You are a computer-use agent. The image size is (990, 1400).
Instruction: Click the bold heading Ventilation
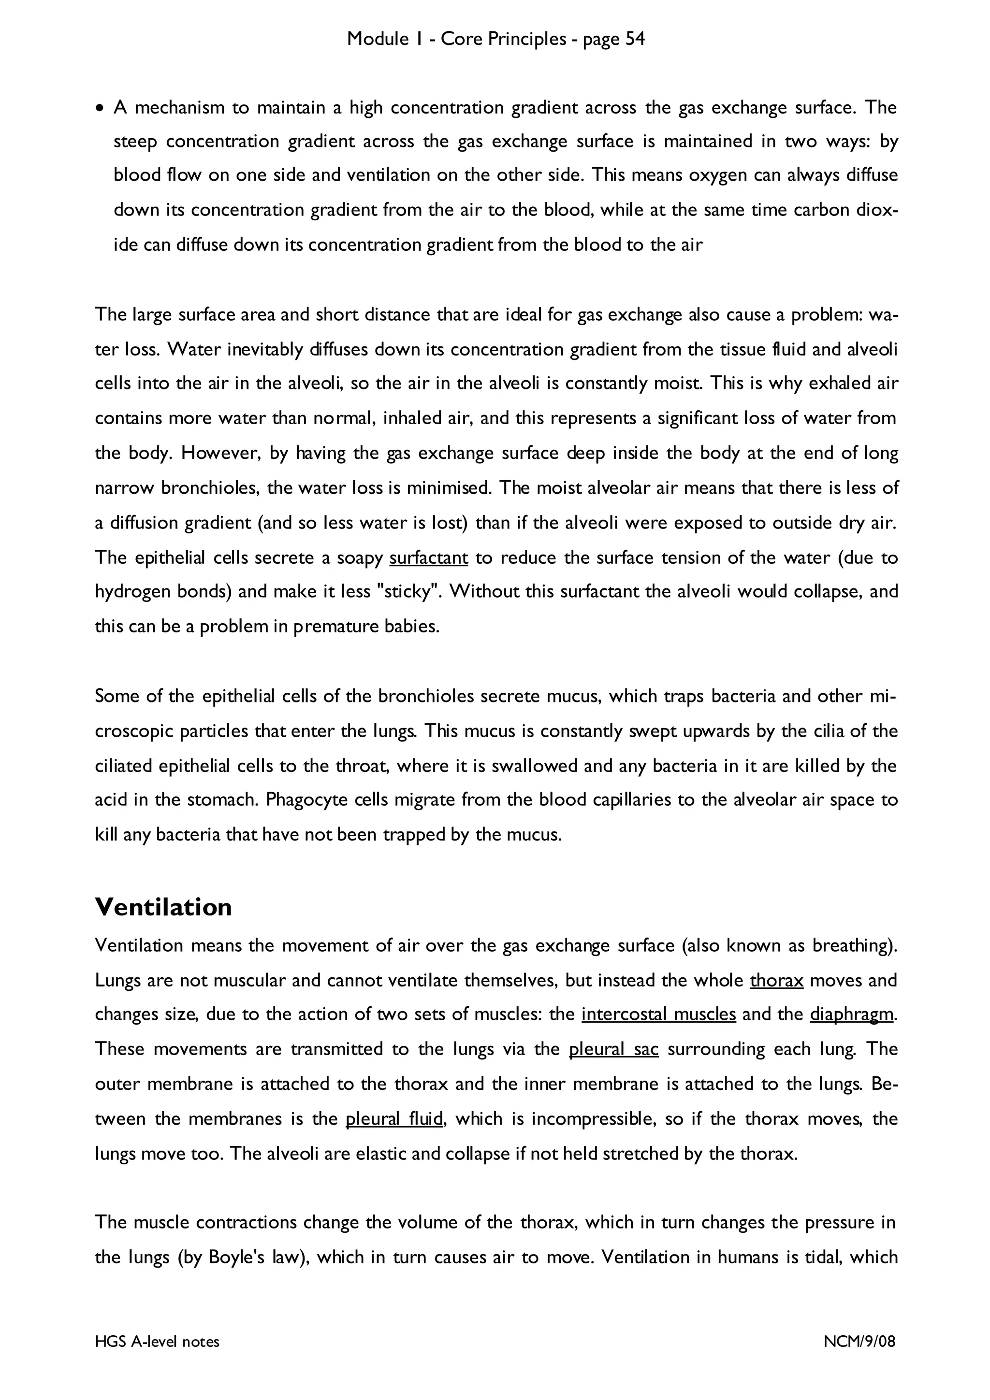(163, 907)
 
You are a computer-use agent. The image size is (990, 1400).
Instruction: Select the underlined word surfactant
(428, 557)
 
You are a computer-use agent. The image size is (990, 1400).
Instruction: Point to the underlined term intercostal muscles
(659, 1014)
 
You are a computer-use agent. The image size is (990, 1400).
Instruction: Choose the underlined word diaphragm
(852, 1014)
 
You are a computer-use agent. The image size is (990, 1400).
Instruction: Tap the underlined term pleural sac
(613, 1049)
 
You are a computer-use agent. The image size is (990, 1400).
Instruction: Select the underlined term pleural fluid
(394, 1119)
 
